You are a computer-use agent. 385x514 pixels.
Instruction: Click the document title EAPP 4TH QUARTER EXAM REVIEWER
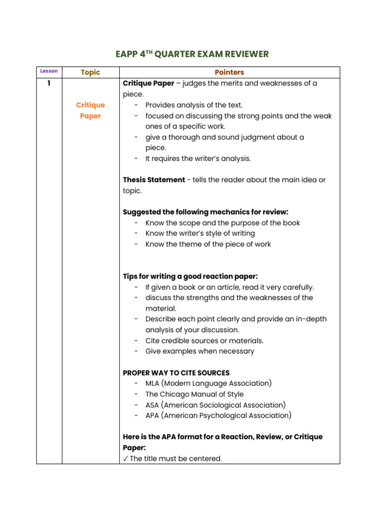(x=192, y=54)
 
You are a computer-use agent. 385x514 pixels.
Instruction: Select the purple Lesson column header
(x=49, y=71)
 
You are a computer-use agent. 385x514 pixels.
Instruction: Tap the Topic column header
(x=90, y=72)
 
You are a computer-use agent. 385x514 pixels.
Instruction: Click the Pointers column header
(x=229, y=72)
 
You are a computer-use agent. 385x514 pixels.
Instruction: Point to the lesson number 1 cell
(x=49, y=83)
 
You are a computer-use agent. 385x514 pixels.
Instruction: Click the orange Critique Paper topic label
(x=90, y=110)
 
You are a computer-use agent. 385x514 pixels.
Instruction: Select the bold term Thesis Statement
(x=154, y=180)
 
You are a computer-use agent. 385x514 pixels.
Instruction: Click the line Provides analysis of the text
(x=194, y=105)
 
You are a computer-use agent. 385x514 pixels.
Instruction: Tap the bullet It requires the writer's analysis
(x=198, y=159)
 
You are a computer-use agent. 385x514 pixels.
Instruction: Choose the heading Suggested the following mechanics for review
(x=206, y=212)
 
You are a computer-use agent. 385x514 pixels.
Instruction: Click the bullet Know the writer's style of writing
(x=200, y=233)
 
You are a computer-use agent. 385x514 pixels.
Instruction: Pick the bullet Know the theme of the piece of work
(x=208, y=244)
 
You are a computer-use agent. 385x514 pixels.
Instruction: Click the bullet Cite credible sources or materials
(x=204, y=340)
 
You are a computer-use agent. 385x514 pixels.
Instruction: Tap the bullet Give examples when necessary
(x=200, y=351)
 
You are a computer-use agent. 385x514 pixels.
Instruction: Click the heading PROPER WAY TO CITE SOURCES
(x=176, y=373)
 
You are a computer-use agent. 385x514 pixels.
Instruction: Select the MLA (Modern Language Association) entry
(x=209, y=383)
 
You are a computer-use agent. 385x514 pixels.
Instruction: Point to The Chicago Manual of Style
(x=195, y=394)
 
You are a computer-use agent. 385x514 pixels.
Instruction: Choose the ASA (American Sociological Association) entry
(x=216, y=405)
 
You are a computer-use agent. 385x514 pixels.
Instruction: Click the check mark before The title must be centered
(x=125, y=459)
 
